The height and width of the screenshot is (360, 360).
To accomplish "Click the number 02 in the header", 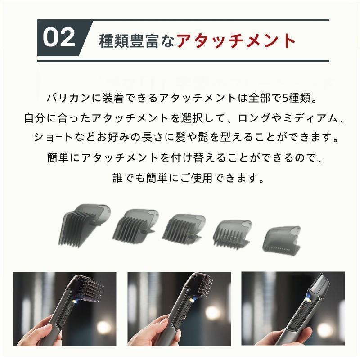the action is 59,37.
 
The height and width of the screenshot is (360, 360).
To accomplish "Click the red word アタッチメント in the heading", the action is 236,40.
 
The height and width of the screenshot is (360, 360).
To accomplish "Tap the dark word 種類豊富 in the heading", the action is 129,41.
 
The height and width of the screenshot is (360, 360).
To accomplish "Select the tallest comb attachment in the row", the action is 85,226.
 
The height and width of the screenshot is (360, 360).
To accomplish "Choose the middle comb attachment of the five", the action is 184,228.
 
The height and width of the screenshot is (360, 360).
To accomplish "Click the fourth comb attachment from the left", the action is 232,234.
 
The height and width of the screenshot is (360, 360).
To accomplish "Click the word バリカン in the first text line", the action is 68,98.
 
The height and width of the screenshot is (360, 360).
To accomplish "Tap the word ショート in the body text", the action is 53,137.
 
